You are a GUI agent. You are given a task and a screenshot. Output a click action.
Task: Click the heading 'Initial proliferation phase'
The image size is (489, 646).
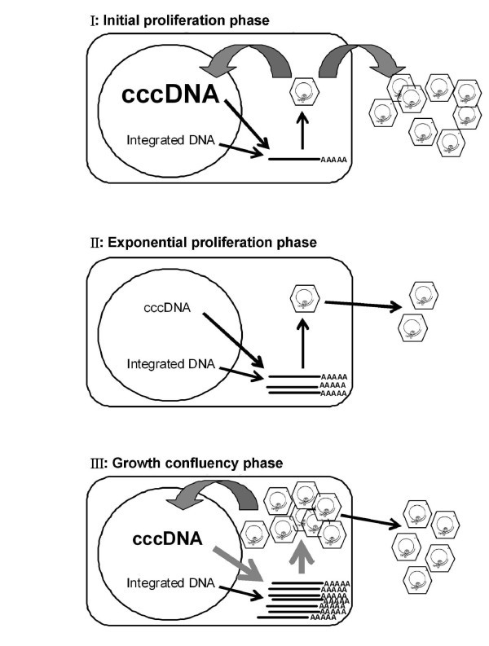[190, 18]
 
